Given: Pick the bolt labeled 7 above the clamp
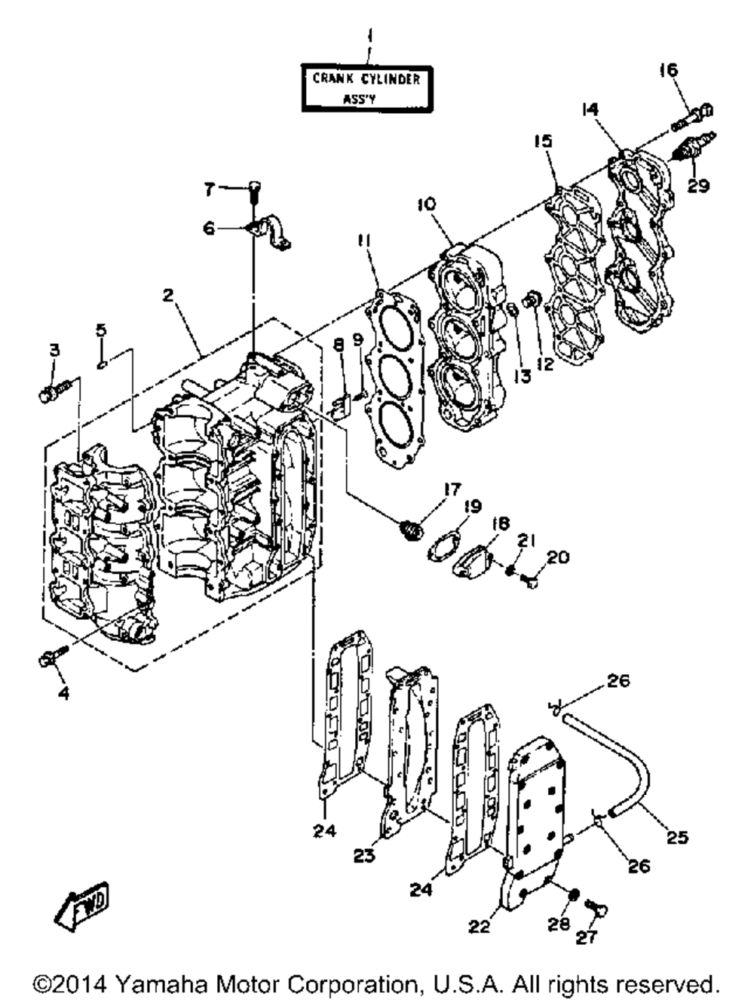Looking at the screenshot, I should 254,189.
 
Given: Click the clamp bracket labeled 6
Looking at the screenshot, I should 271,229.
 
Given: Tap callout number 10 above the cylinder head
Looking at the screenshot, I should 425,204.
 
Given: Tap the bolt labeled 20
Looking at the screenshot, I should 531,580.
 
